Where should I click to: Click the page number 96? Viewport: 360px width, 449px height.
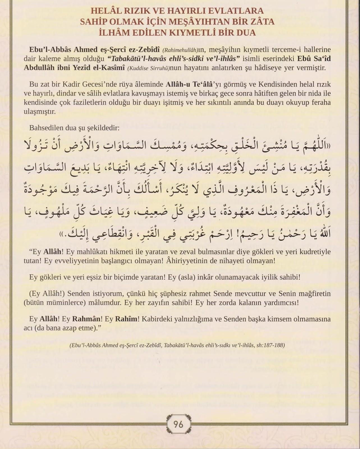(178, 424)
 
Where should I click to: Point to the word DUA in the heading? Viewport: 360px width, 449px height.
(245, 33)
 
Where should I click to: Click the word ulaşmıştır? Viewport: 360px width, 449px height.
(40, 111)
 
